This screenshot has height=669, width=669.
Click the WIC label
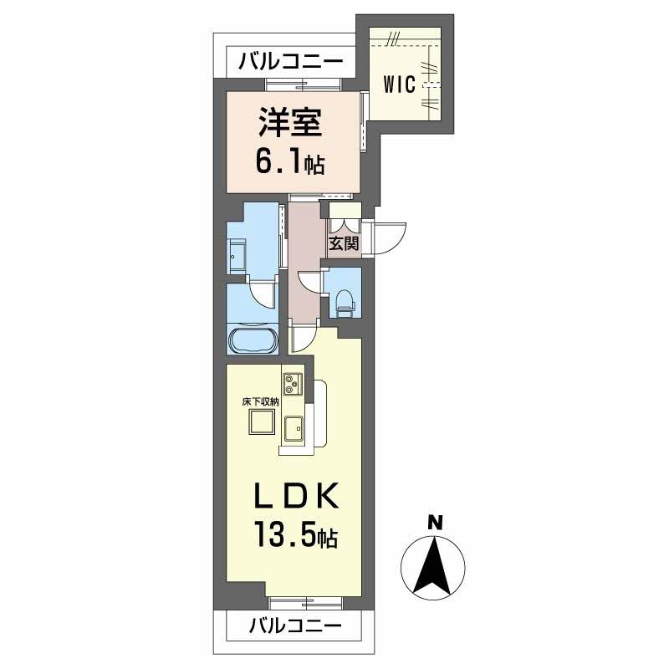click(400, 85)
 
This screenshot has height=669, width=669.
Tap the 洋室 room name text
click(289, 124)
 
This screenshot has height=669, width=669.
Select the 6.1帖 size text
click(289, 161)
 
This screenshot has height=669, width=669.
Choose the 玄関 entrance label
click(343, 244)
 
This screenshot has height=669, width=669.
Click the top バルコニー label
click(290, 61)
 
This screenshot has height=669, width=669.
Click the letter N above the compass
click(434, 523)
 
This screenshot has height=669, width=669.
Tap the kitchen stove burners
click(293, 386)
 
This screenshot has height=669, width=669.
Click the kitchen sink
click(294, 428)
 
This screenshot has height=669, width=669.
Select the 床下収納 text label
click(260, 402)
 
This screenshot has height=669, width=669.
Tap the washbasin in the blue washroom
click(236, 255)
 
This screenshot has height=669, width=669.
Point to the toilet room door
click(310, 282)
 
